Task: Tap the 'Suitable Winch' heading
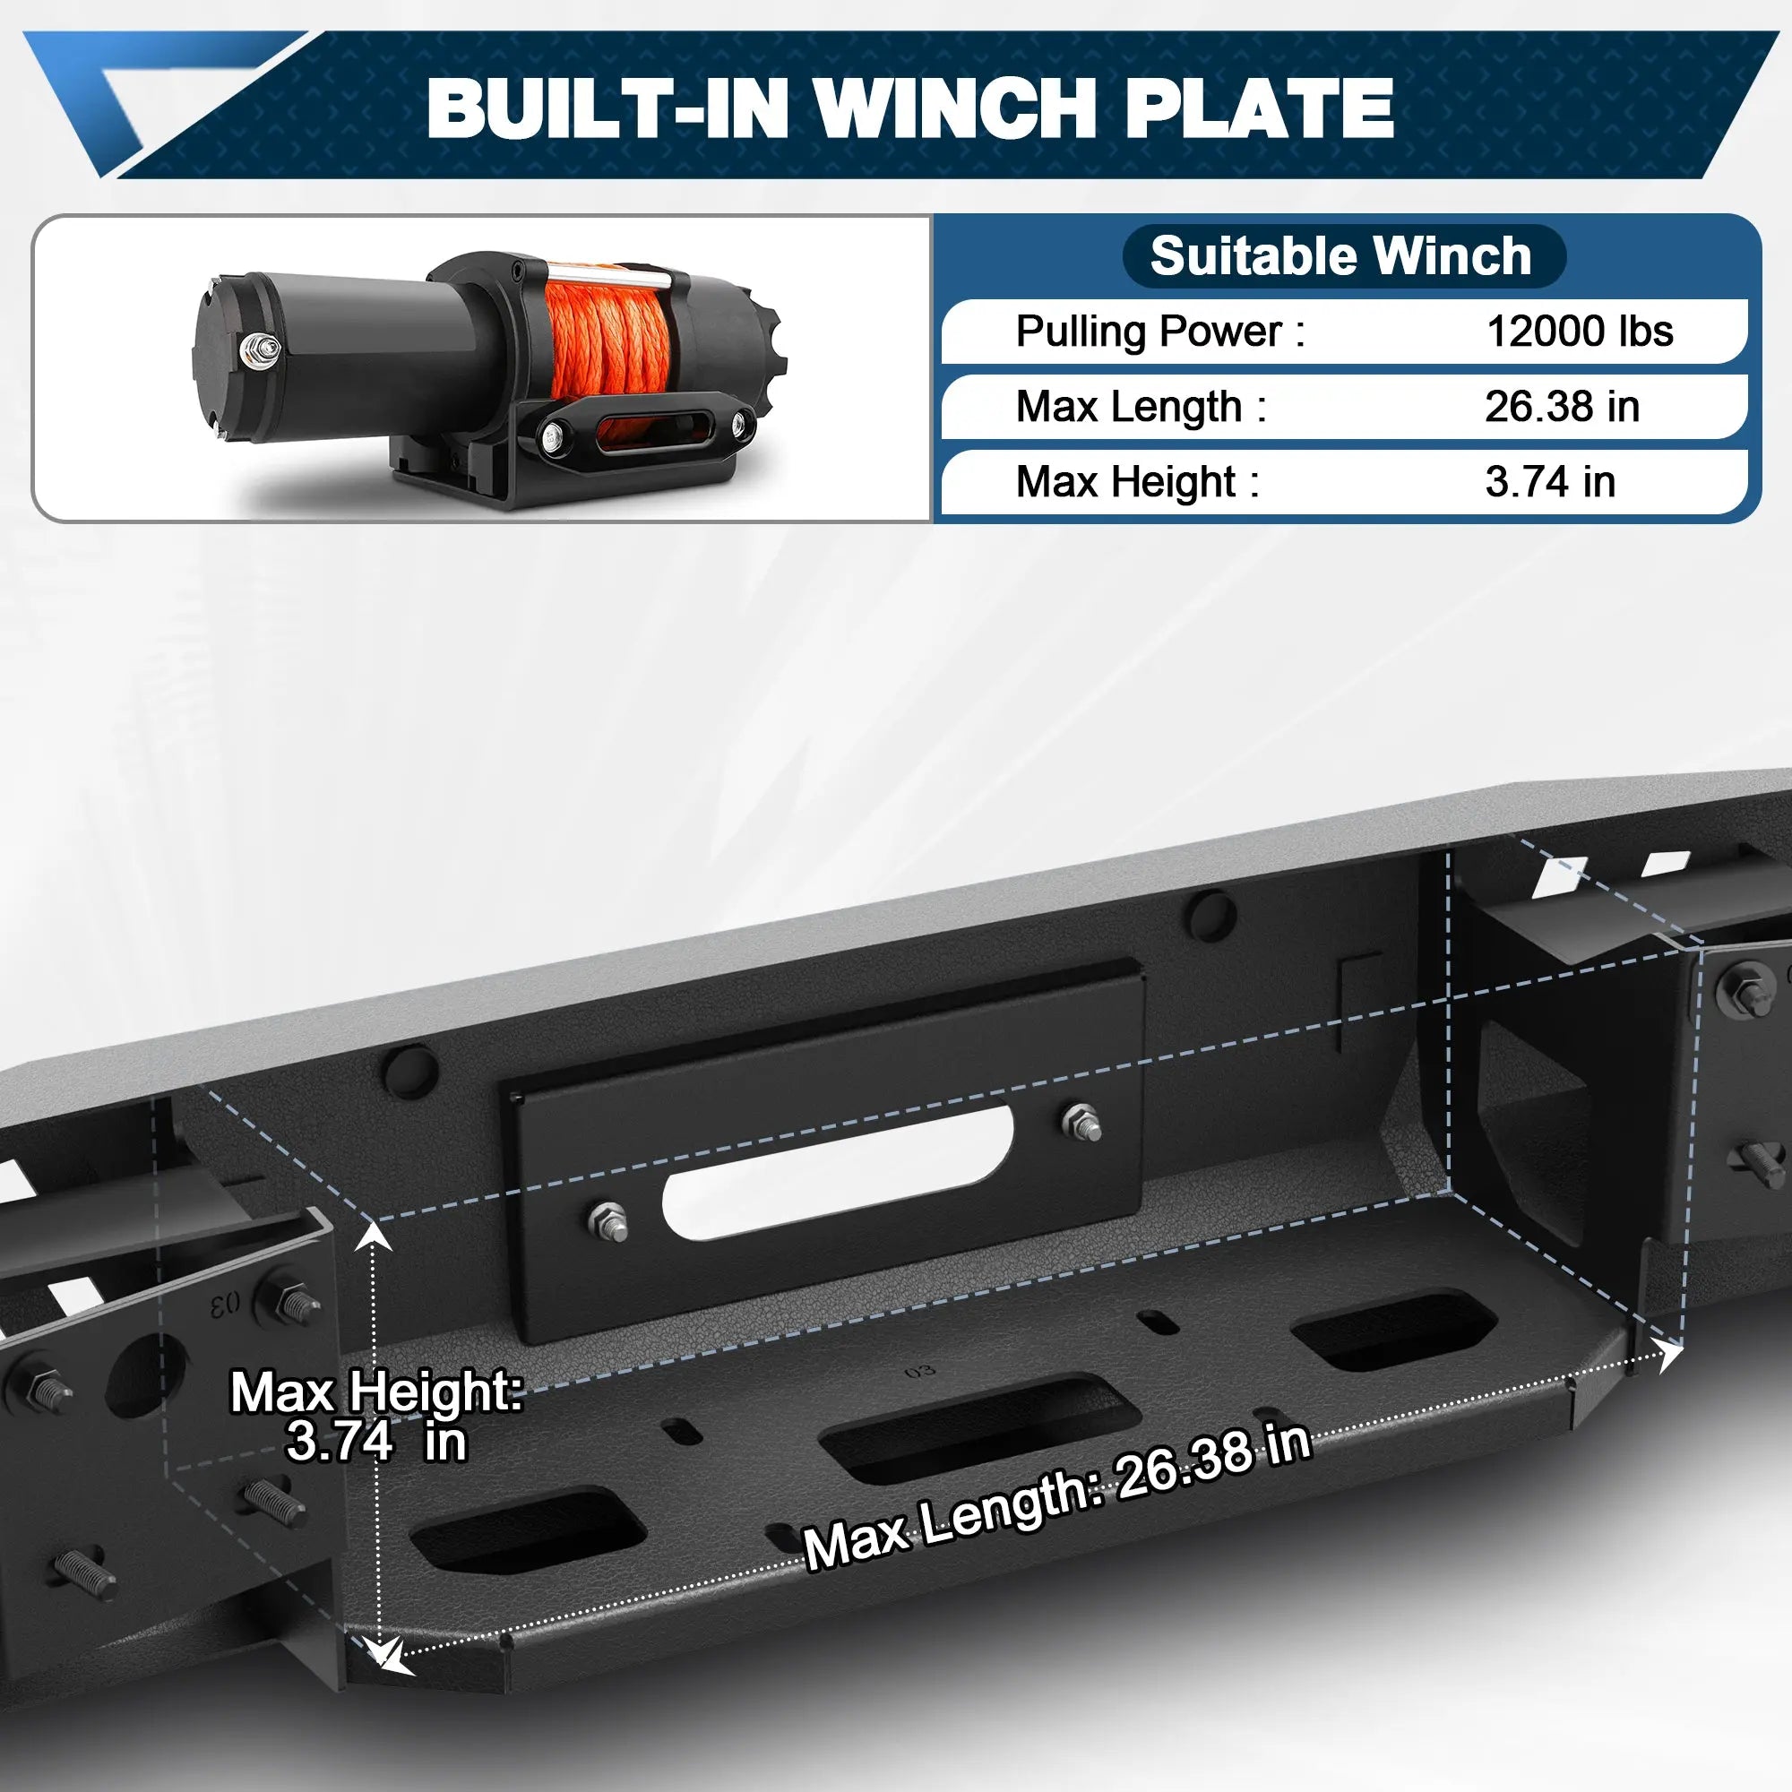(x=1340, y=256)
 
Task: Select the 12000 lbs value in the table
(x=1579, y=332)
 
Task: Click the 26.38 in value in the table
(x=1562, y=406)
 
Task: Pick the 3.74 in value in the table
(x=1550, y=481)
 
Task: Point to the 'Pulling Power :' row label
(x=1159, y=332)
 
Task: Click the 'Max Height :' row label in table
(x=1137, y=481)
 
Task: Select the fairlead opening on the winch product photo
(x=647, y=430)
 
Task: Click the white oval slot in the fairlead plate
(x=837, y=1172)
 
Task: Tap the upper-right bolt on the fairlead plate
(x=1081, y=1122)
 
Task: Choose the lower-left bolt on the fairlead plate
(x=607, y=1221)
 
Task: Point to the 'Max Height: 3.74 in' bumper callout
(x=375, y=1417)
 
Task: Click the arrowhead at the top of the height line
(x=373, y=1235)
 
